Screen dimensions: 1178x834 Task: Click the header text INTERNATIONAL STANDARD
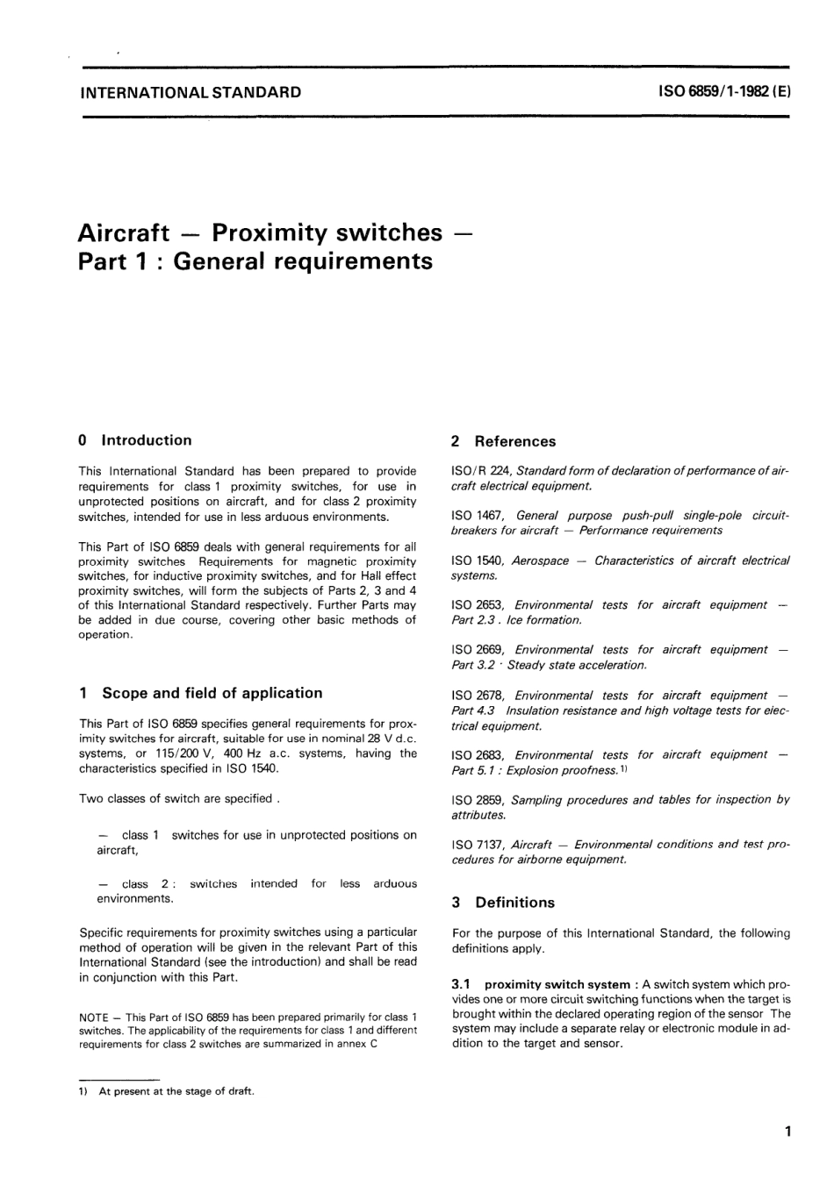(190, 91)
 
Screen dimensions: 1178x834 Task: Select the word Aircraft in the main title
(124, 232)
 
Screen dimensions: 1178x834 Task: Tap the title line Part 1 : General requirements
(255, 261)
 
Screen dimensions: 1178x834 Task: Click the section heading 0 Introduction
(135, 440)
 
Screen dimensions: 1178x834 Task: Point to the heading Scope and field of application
(212, 693)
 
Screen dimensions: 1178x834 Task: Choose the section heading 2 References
(504, 441)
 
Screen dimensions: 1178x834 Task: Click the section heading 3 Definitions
(504, 903)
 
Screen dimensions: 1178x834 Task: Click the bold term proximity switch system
(557, 985)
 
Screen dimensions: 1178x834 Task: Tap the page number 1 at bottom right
(787, 1132)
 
